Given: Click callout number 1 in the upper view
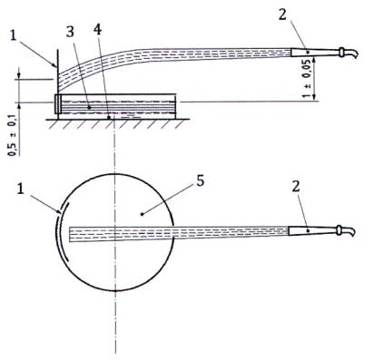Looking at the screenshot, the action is [x=13, y=35].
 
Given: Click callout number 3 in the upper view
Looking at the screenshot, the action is [x=70, y=32].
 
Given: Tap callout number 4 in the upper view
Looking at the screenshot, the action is [x=97, y=29].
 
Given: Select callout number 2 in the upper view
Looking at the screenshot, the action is [x=282, y=15].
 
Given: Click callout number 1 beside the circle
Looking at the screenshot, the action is [x=20, y=190].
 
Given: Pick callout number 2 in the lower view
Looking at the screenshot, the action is [x=296, y=187].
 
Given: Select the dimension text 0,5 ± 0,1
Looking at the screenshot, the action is [x=13, y=135].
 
